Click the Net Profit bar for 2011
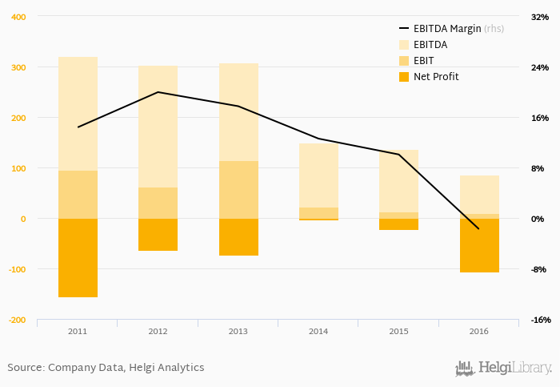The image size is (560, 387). [78, 257]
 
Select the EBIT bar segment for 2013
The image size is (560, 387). [238, 190]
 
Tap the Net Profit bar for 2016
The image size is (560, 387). [479, 245]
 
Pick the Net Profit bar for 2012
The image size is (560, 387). [158, 235]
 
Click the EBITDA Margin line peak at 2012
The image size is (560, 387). [158, 92]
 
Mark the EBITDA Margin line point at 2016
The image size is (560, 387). [479, 229]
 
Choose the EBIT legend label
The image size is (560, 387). [424, 61]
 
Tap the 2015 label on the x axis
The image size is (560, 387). [398, 331]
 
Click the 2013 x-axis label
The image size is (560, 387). [238, 331]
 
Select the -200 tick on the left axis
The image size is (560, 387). [16, 320]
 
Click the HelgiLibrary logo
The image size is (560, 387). [503, 368]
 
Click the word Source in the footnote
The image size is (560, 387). [25, 368]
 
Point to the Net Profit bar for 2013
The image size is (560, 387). [238, 237]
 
